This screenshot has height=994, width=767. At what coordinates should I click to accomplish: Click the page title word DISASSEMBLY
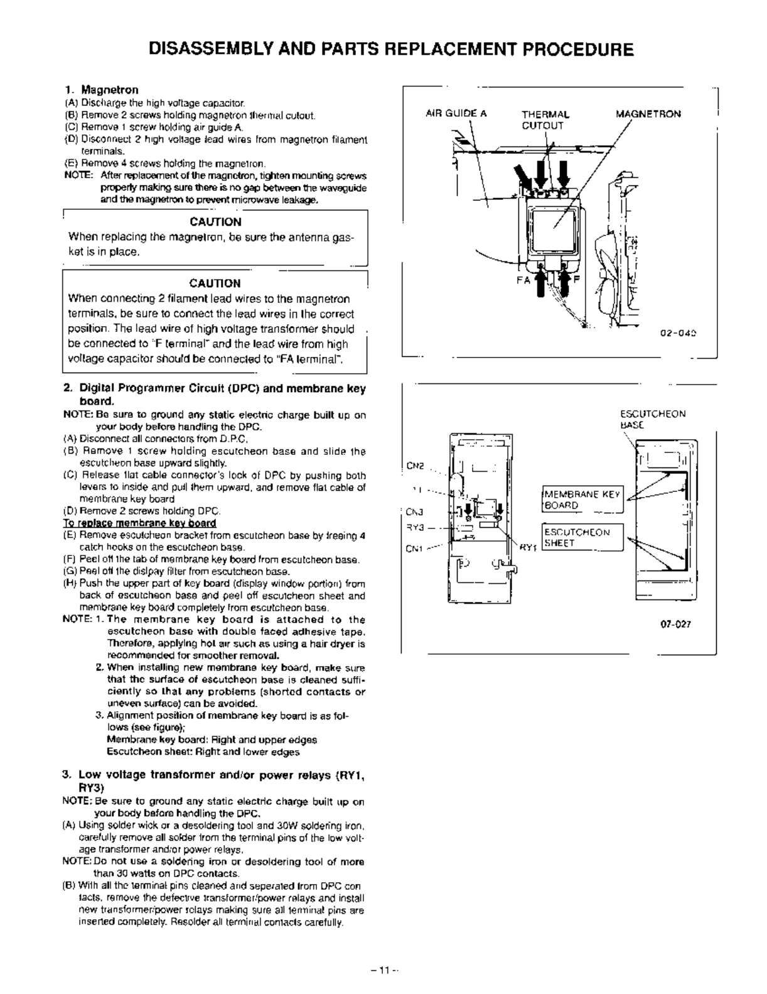point(201,50)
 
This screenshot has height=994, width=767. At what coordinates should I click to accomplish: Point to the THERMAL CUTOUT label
point(545,119)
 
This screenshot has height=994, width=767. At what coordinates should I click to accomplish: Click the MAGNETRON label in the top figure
point(648,114)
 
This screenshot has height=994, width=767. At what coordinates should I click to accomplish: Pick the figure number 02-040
point(680,333)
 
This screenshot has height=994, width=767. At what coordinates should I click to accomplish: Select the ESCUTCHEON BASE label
point(652,419)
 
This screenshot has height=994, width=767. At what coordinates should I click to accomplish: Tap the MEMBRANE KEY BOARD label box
point(581,500)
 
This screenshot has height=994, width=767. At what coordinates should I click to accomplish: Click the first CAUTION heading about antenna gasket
point(215,222)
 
